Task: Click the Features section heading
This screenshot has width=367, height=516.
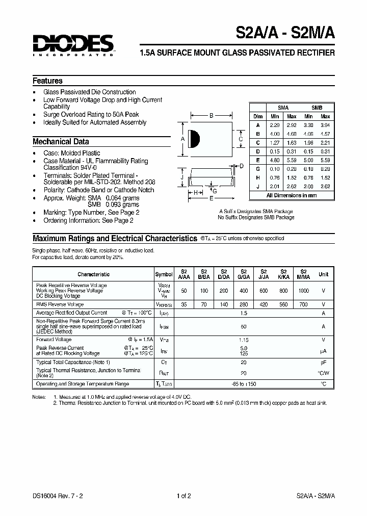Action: [x=47, y=81]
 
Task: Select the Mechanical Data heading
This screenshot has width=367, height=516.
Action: [x=61, y=142]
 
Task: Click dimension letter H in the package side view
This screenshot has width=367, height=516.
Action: [x=195, y=192]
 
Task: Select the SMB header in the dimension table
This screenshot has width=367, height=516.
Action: [x=317, y=108]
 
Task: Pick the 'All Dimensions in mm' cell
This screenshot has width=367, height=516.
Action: [x=292, y=195]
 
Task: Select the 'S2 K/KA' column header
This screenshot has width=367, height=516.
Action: [x=284, y=274]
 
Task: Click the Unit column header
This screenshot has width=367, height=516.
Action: [x=324, y=274]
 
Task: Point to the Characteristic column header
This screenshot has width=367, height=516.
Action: [x=93, y=274]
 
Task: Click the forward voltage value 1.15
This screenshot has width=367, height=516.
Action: [x=244, y=339]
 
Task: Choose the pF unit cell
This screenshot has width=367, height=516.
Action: [x=323, y=362]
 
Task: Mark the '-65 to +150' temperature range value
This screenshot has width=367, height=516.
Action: [x=244, y=384]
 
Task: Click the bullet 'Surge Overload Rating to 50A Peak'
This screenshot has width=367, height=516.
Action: [x=91, y=115]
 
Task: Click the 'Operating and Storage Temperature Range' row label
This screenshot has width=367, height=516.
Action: [x=82, y=384]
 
